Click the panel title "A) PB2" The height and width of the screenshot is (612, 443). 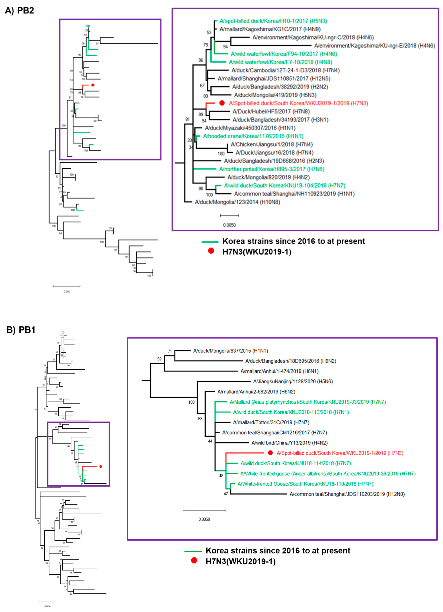point(19,11)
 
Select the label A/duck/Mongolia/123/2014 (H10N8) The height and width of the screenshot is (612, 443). point(237,202)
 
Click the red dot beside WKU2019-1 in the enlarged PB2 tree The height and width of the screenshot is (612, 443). point(222,103)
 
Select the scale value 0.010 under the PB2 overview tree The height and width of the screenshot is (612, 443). point(67,291)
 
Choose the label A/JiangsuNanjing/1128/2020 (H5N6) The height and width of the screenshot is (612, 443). point(293,381)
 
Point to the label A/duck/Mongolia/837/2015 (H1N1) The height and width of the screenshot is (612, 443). point(230,351)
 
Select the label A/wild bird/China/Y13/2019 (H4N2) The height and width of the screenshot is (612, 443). point(289,443)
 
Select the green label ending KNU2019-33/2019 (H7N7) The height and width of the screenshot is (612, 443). point(307,402)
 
